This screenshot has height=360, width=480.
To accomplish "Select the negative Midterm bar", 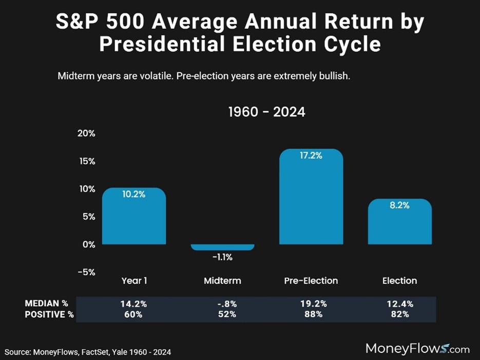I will coord(222,247).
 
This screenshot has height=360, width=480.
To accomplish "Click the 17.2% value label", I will coord(311,156).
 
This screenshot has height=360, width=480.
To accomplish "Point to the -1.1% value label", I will coord(222,257).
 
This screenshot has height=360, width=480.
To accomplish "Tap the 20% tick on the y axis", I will coord(86,134).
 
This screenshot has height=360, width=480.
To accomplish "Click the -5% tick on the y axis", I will coord(86,272).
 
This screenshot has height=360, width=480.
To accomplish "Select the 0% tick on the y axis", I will coord(88,244).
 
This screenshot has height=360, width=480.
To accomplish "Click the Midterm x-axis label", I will coord(222,281).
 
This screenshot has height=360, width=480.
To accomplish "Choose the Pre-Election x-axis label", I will coord(311,281).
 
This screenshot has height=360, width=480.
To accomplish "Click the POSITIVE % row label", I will coord(49,314).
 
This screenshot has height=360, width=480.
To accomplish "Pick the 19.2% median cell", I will coord(311,304).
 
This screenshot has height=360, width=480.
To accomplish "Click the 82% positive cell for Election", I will coord(399,314).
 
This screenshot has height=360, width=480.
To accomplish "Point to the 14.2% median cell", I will coord(134,304).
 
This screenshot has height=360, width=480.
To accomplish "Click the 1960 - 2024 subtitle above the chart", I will coord(266,111).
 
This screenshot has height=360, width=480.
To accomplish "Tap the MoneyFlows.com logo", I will coord(417,349).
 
